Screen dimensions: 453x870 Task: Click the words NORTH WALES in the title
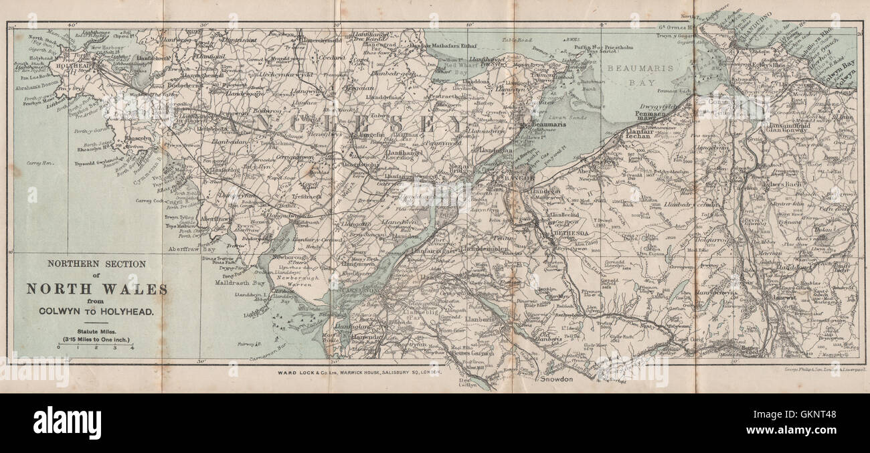97,289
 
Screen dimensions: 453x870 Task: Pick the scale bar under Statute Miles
95,343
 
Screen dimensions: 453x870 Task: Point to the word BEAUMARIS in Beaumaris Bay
635,69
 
